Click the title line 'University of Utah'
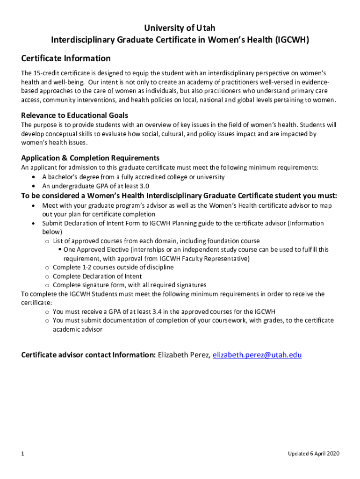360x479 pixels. tap(180, 28)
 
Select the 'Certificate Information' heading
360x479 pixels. tap(66, 58)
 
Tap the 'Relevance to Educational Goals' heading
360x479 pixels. tap(75, 115)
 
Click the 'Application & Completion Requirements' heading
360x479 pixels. tap(90, 158)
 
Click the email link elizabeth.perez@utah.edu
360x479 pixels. tap(257, 355)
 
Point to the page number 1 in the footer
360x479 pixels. tap(23, 454)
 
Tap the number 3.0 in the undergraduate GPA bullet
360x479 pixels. tap(144, 186)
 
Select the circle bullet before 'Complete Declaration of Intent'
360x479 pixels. tap(47, 276)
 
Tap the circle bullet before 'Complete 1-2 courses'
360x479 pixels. tap(47, 268)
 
